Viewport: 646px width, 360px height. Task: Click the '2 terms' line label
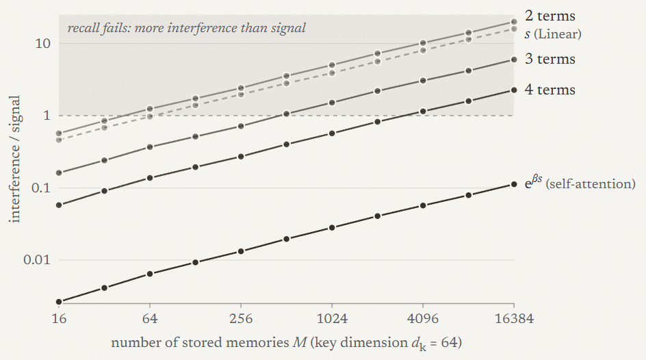click(x=550, y=16)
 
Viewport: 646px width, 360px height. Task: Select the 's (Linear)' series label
click(x=553, y=34)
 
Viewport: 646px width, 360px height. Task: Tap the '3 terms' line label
click(x=550, y=59)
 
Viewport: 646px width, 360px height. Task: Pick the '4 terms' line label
click(x=550, y=90)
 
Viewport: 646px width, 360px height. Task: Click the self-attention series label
click(x=580, y=183)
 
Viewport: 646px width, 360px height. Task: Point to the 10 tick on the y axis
click(x=42, y=43)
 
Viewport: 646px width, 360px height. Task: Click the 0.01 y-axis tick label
click(x=37, y=260)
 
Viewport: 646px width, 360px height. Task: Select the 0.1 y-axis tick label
click(x=40, y=188)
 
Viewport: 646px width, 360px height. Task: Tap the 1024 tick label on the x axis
click(x=332, y=318)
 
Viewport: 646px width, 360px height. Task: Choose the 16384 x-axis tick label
click(x=514, y=318)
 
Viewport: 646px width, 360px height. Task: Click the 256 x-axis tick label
click(x=241, y=318)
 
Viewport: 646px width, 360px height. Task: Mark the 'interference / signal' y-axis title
click(x=15, y=159)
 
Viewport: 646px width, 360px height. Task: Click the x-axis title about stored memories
click(x=286, y=343)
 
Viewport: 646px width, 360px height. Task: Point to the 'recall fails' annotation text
click(x=186, y=28)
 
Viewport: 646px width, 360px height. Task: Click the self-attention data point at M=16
click(x=59, y=302)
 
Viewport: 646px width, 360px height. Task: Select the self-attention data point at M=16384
click(x=514, y=185)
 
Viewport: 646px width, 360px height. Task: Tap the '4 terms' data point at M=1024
click(x=332, y=133)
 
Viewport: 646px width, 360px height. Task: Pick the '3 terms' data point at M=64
click(x=150, y=147)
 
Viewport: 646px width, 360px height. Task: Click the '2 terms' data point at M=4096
click(x=423, y=43)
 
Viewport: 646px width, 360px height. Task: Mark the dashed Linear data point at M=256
click(x=241, y=94)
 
